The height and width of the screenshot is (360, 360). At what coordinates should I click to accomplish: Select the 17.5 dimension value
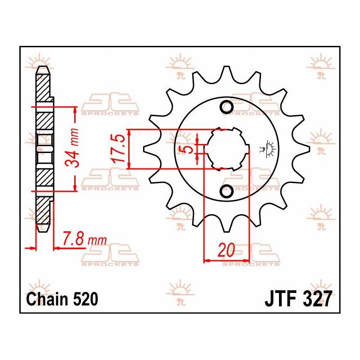pyautogui.click(x=118, y=149)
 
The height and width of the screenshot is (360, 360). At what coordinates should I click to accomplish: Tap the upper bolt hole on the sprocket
pyautogui.click(x=226, y=107)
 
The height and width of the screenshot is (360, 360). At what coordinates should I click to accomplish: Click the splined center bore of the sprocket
pyautogui.click(x=228, y=149)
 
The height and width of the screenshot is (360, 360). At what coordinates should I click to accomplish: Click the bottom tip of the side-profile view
pyautogui.click(x=43, y=229)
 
